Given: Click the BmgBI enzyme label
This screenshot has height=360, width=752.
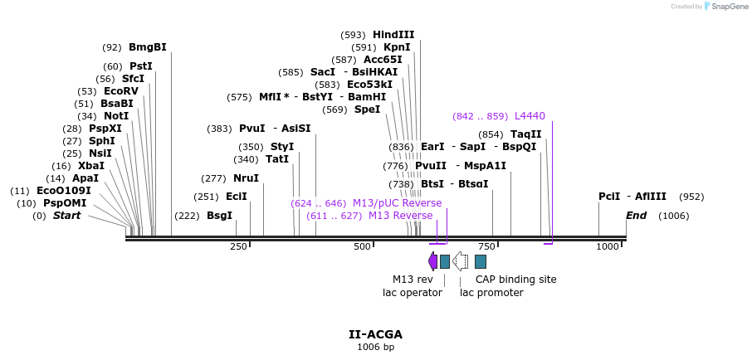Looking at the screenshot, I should point(147,47).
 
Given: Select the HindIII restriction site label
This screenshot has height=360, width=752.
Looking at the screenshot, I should point(393,35).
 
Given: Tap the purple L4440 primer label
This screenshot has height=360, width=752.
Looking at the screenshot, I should point(530,116).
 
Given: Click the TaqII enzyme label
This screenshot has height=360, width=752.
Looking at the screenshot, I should point(525,134).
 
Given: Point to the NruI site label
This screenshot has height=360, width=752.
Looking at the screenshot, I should point(246,178).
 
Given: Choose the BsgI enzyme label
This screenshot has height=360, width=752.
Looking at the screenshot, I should point(219,216).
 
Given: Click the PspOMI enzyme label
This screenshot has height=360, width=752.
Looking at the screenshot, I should point(65,203).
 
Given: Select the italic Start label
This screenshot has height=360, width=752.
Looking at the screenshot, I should point(67,216).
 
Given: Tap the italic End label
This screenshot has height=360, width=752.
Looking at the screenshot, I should point(636,216).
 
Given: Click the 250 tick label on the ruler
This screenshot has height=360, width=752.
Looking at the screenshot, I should point(238,246).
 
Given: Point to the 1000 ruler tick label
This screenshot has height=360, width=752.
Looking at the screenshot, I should point(608,246).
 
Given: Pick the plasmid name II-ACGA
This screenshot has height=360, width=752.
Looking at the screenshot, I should point(375,334).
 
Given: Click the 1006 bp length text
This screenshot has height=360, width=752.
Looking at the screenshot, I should point(375,347).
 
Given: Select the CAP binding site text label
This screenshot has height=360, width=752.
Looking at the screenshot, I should point(515,280).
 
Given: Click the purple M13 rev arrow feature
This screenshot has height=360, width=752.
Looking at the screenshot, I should point(432,261).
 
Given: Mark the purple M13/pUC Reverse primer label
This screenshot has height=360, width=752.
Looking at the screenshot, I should point(397,203).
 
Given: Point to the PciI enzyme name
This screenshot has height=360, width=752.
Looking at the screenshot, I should point(608,197).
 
